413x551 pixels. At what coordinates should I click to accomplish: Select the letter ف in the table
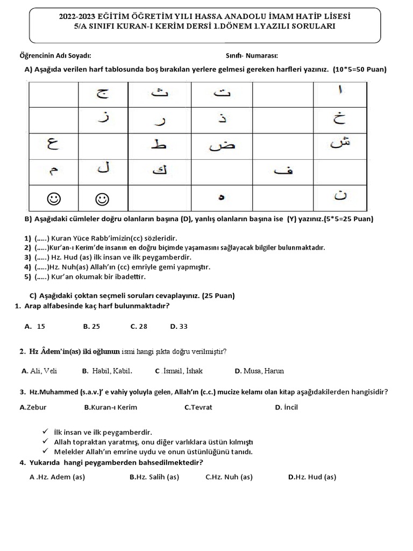(282, 172)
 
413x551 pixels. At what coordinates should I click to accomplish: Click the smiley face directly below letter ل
(103, 199)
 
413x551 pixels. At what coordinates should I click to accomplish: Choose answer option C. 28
(139, 326)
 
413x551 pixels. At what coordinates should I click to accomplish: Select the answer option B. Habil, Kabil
(108, 371)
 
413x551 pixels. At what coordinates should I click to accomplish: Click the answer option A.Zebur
(33, 407)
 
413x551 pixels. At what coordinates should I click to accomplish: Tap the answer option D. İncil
(286, 407)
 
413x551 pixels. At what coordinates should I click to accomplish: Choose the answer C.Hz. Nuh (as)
(229, 477)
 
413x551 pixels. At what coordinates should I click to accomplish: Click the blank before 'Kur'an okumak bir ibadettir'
(42, 277)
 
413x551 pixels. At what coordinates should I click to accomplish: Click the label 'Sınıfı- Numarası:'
(252, 55)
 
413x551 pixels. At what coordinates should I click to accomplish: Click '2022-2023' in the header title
(79, 17)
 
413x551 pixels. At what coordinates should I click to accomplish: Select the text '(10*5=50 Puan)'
(359, 69)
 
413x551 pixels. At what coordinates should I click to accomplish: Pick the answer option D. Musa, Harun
(259, 371)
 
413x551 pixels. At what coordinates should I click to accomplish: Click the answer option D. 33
(179, 326)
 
